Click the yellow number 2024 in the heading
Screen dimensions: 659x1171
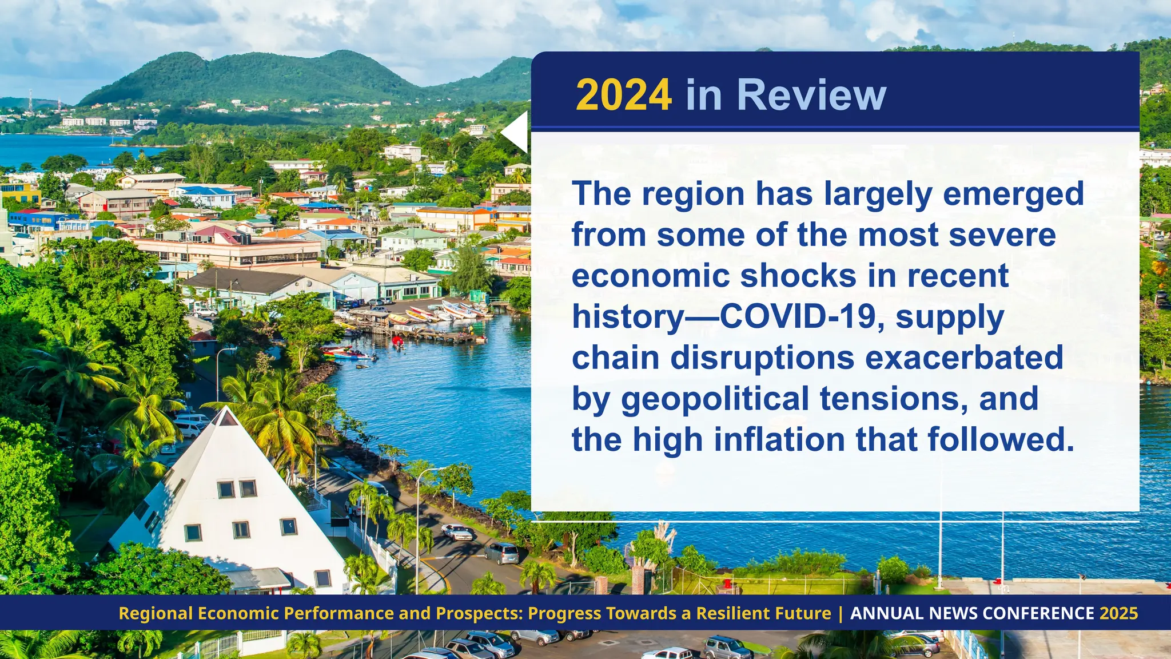pos(623,95)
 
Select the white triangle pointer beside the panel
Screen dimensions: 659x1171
pos(516,132)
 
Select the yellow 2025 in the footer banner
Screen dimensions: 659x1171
pos(1119,613)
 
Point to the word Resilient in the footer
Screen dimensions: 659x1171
pos(727,613)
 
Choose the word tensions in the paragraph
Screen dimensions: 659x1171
pos(894,399)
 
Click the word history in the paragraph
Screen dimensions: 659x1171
pos(628,317)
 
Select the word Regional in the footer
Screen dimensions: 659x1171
pos(156,613)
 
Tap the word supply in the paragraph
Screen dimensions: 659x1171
pos(950,318)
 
